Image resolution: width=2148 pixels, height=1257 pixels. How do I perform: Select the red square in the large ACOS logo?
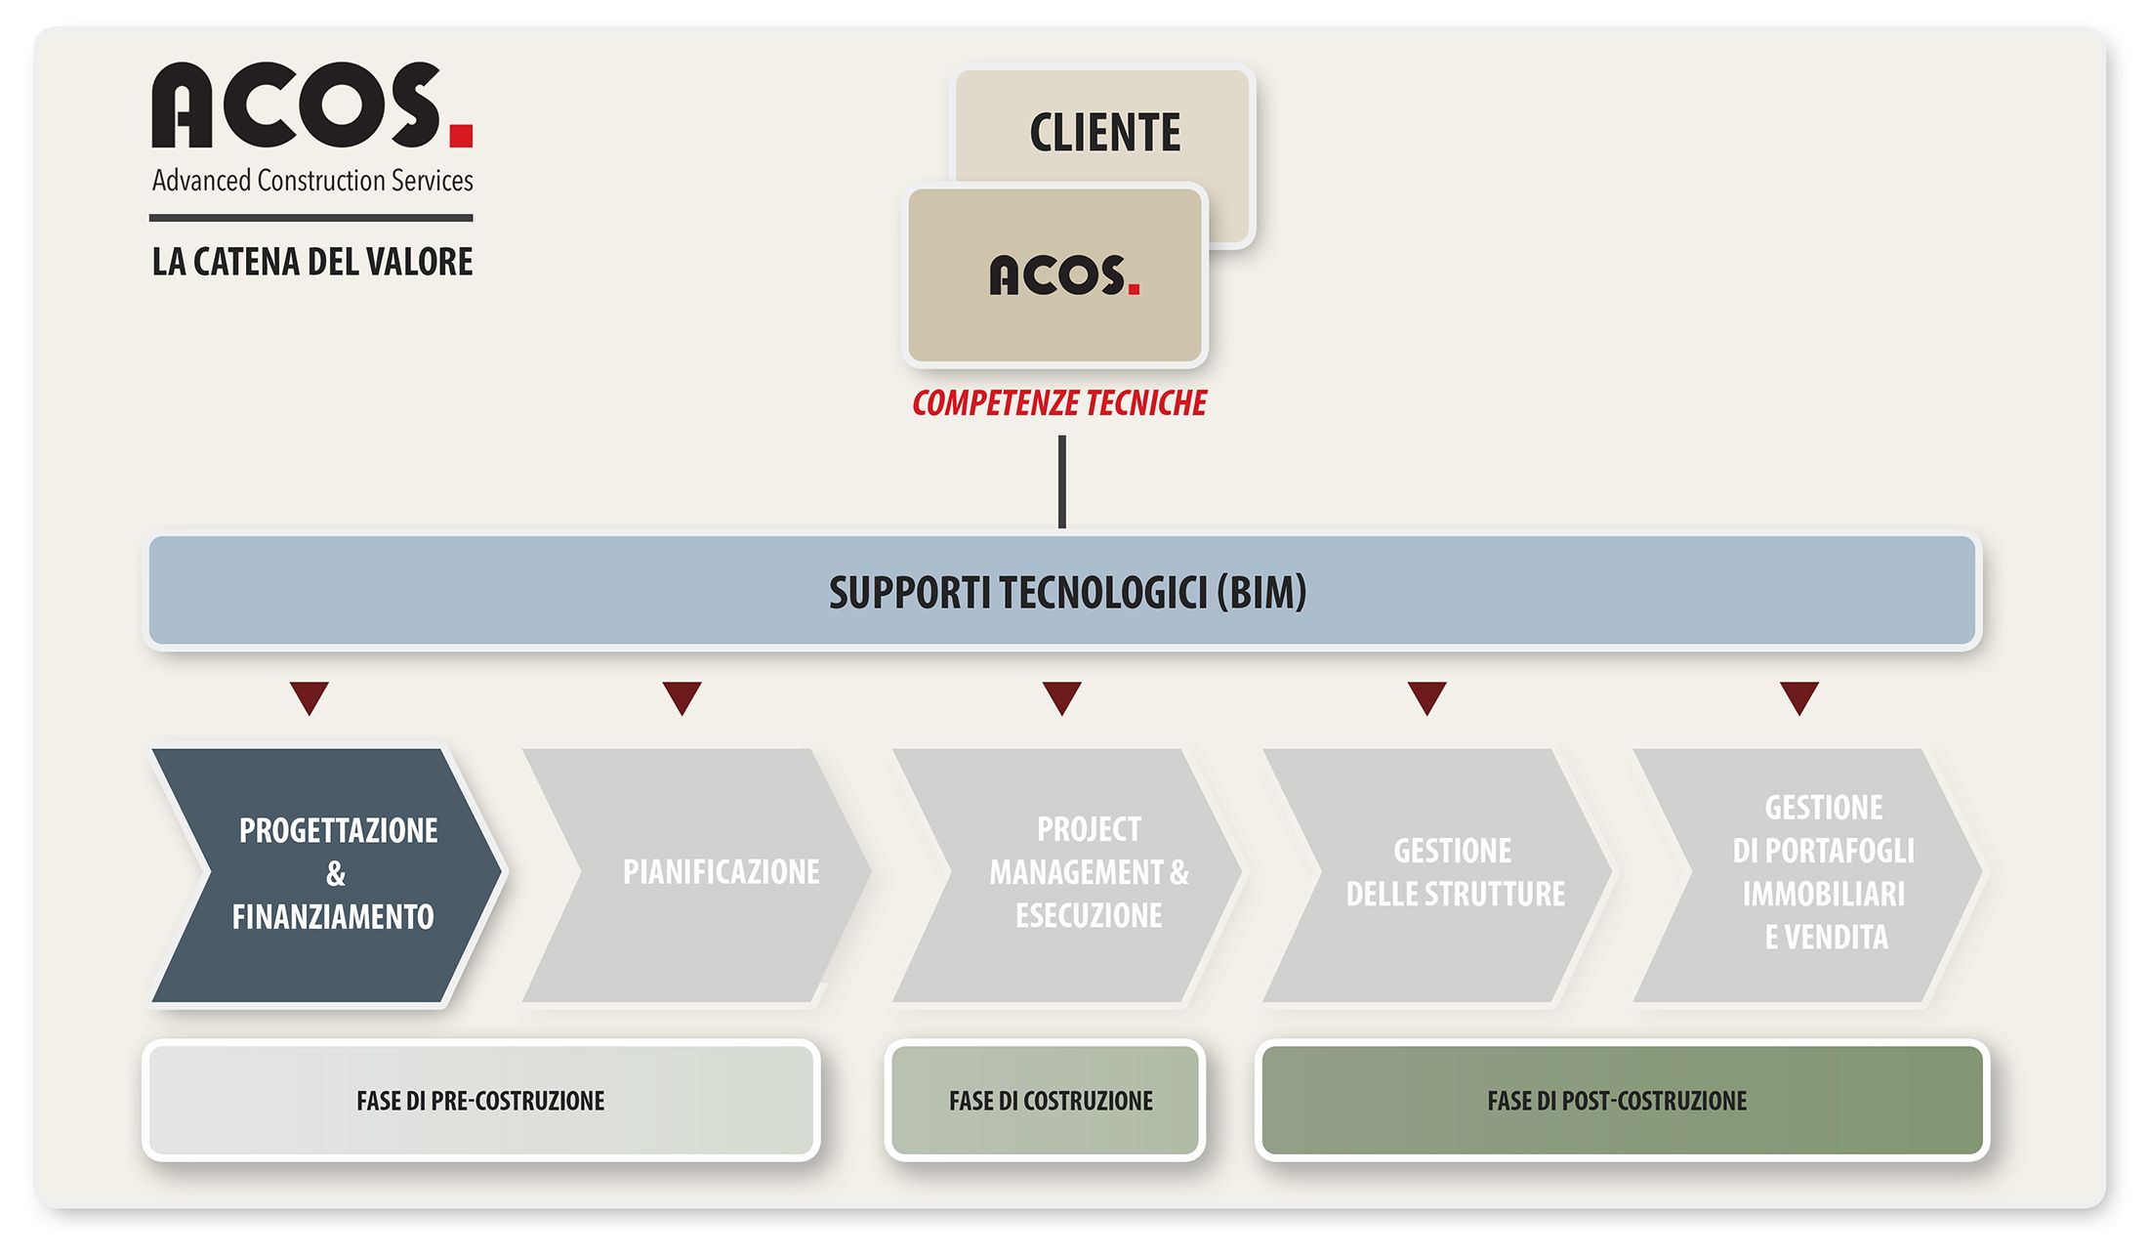tap(461, 135)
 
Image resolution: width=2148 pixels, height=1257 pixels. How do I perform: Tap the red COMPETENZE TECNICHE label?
tap(1059, 403)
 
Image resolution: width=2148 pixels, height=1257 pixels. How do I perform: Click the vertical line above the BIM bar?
tap(1062, 482)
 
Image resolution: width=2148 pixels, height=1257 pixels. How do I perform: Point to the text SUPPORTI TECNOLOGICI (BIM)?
tap(1067, 592)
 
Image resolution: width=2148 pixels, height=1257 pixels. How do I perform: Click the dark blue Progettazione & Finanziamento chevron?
tap(327, 875)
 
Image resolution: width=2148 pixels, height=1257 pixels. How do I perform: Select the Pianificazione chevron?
tap(696, 875)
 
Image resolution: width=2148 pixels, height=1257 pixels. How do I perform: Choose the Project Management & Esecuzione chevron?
tap(1066, 875)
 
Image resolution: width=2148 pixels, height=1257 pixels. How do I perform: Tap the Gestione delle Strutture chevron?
tap(1436, 875)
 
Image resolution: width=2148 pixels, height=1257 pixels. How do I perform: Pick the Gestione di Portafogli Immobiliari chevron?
tap(1807, 875)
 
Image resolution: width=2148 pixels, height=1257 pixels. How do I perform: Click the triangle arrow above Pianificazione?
tap(682, 697)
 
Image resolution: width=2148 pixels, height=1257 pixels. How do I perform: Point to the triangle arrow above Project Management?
tap(1062, 697)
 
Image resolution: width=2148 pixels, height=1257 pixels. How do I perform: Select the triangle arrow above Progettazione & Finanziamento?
tap(310, 697)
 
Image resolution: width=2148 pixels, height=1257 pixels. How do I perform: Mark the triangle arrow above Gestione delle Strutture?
tap(1427, 697)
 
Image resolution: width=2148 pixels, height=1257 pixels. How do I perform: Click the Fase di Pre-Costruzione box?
tap(481, 1101)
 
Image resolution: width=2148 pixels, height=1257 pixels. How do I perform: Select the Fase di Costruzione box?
tap(1046, 1101)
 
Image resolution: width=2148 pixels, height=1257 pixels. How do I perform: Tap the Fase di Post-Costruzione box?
tap(1622, 1101)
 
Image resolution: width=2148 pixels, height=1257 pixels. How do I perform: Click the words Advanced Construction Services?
tap(312, 181)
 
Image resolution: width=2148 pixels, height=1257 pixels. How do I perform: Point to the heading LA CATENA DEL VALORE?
tap(312, 262)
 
